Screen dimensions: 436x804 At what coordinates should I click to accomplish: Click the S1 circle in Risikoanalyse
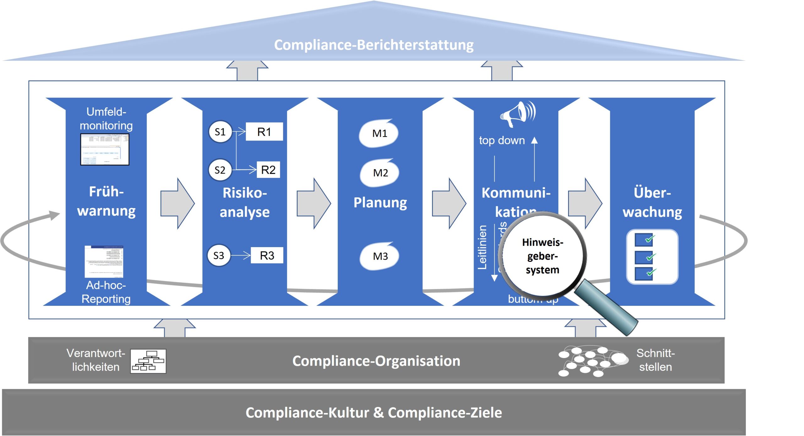coord(220,132)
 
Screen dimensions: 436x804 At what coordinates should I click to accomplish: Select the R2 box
coord(268,170)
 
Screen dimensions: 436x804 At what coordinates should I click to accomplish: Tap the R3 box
coord(267,255)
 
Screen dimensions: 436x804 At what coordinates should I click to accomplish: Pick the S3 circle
coord(219,255)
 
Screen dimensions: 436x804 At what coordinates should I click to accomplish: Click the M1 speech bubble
coord(379,133)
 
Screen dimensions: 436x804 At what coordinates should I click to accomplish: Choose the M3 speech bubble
coord(380,256)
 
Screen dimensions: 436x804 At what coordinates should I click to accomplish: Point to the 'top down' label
coord(502,140)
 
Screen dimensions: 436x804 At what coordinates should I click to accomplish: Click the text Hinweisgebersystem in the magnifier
coord(542,256)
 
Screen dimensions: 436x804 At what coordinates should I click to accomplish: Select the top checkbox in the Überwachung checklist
coord(644,240)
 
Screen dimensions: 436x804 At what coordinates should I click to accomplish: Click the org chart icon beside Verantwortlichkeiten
coord(148,361)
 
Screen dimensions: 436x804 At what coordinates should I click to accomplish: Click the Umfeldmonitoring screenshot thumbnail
coord(105,149)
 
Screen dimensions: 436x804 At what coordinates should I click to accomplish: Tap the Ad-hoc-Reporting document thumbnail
coord(104,262)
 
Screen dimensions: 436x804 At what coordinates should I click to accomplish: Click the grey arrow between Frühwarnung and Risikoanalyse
coord(177,203)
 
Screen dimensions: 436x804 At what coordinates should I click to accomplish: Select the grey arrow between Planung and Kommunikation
coord(449,203)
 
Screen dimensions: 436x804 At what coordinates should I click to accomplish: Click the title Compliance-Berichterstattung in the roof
coord(373,45)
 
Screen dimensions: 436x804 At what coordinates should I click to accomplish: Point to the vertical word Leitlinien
coord(482,247)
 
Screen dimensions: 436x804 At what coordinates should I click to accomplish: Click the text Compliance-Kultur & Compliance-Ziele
coord(373,412)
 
